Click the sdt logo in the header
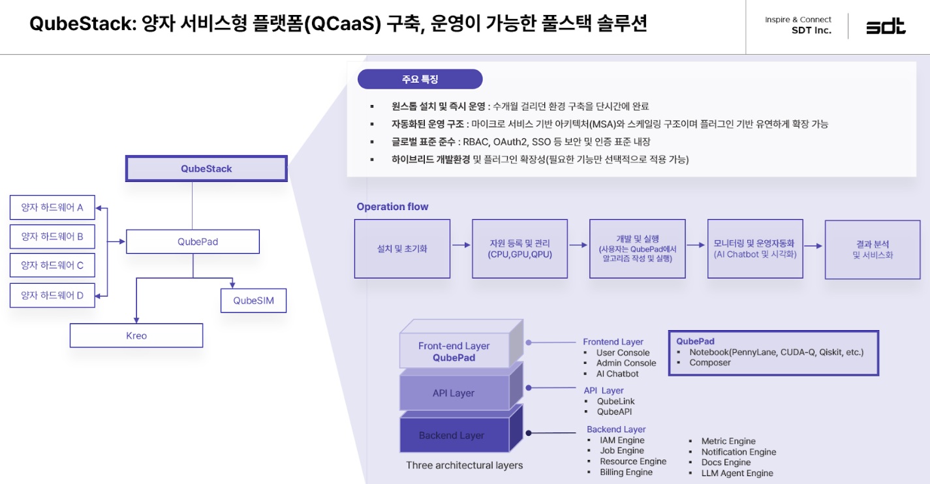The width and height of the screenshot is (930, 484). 886,27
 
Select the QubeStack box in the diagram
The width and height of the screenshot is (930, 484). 206,168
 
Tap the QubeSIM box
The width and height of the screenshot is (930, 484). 253,301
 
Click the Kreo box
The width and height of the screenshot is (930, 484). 136,336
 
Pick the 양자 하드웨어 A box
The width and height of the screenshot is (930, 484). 52,207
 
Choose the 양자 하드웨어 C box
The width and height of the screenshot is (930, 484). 52,265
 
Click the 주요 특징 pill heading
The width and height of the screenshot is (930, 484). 420,80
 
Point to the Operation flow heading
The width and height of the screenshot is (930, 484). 392,207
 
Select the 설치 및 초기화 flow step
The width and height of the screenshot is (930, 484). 402,249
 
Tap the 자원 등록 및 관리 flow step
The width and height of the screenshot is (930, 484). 519,249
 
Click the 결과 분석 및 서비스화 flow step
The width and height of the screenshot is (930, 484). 873,249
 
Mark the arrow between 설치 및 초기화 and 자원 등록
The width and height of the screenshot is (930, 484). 461,245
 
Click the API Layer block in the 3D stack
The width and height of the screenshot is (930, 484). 454,393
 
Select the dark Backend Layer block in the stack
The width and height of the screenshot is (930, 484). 452,435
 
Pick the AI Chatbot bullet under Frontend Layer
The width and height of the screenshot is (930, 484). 617,374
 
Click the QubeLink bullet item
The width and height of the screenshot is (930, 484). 615,401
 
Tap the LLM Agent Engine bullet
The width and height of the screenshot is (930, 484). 737,473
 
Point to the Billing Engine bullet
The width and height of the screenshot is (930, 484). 626,472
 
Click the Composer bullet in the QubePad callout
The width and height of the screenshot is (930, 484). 710,363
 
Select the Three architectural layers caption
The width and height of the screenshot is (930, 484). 464,465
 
